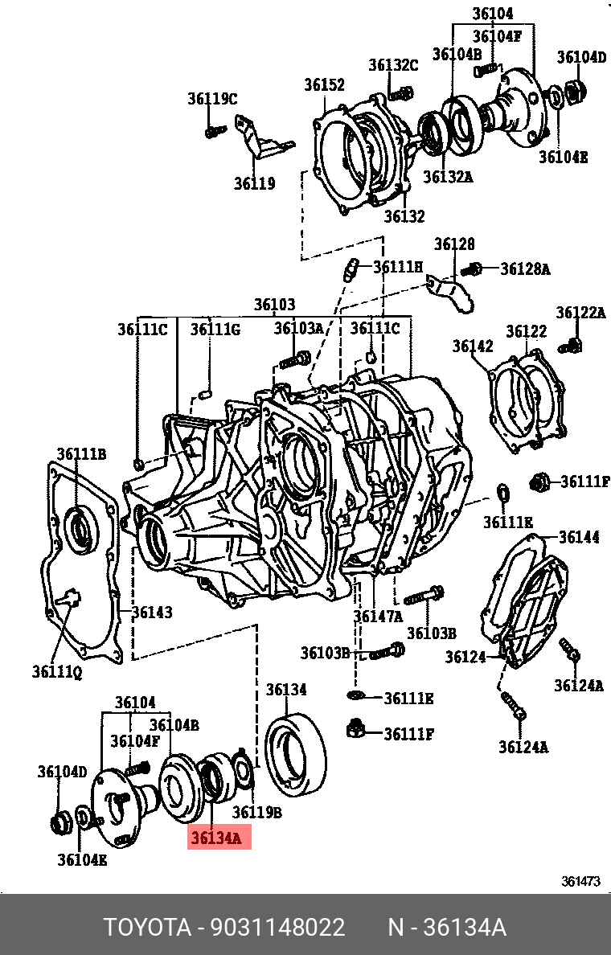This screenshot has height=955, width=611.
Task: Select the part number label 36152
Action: click(x=324, y=85)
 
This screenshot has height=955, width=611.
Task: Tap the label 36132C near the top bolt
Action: click(x=393, y=66)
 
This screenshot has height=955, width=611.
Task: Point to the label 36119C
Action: click(x=212, y=99)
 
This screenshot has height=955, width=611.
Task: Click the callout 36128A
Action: click(x=525, y=269)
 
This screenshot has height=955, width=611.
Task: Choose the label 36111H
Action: click(x=397, y=267)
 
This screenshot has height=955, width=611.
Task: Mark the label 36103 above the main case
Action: click(x=275, y=305)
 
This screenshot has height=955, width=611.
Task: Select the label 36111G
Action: click(x=215, y=329)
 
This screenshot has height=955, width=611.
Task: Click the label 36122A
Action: click(x=580, y=313)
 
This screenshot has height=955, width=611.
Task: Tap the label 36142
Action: click(x=472, y=346)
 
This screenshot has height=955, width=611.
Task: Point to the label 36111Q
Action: click(x=56, y=670)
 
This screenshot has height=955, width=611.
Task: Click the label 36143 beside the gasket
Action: click(x=152, y=613)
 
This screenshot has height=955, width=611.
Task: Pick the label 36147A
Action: click(x=378, y=617)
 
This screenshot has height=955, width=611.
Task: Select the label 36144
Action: click(x=579, y=537)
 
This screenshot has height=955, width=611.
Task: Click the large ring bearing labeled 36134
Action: click(x=296, y=749)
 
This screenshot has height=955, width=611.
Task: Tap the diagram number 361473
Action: click(x=580, y=881)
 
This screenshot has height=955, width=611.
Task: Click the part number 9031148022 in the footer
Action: click(x=277, y=928)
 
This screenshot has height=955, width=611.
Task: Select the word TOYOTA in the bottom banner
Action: click(x=146, y=928)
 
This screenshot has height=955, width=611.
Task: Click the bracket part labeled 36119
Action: click(x=259, y=139)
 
